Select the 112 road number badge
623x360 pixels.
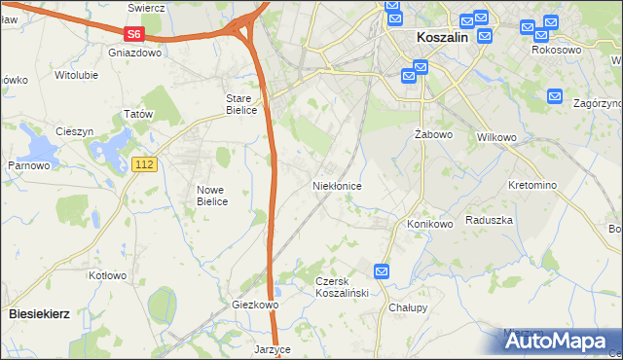[144, 166]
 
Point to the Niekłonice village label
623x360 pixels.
[338, 185]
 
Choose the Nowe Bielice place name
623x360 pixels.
[211, 196]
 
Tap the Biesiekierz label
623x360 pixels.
[39, 314]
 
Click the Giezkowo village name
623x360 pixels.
[256, 305]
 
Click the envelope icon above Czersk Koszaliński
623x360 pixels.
[382, 271]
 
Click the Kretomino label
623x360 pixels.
[532, 185]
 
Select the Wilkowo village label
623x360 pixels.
[496, 137]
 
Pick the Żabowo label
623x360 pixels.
[428, 133]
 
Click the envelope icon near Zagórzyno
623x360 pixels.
[555, 96]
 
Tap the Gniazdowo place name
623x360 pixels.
[135, 54]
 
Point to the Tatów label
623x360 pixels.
[140, 114]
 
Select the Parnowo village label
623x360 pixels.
[29, 165]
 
